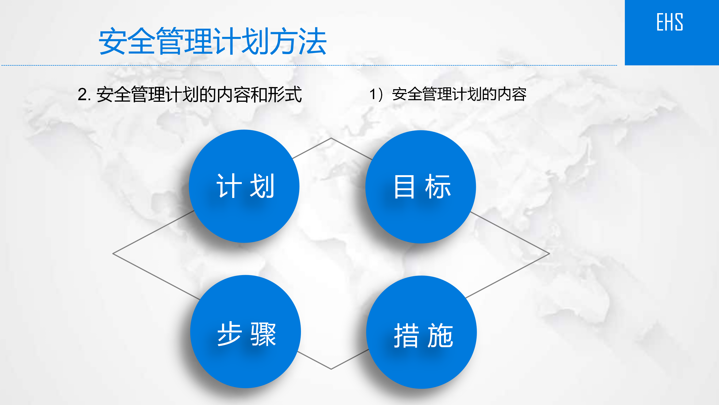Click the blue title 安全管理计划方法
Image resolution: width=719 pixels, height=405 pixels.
(x=213, y=41)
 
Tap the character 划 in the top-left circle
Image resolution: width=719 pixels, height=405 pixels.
(x=262, y=186)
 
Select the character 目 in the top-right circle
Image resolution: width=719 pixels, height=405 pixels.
(x=404, y=186)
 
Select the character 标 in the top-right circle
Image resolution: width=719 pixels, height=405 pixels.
(x=438, y=186)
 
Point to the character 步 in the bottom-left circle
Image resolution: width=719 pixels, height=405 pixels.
(x=230, y=334)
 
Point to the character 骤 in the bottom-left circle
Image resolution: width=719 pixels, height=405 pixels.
(x=263, y=334)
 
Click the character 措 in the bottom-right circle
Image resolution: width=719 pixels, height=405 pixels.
(x=406, y=335)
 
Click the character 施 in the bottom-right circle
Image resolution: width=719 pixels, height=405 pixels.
(x=440, y=335)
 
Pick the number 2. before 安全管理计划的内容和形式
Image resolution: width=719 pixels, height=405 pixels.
(x=84, y=95)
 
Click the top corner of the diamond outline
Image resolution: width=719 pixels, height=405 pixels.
(x=331, y=138)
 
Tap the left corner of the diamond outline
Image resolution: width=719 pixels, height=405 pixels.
(x=113, y=253)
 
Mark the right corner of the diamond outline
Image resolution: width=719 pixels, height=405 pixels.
(x=550, y=253)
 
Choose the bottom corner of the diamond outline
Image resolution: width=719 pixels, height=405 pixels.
(x=331, y=369)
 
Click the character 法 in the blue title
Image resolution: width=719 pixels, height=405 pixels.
(x=313, y=41)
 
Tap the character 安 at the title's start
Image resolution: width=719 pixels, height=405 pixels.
(x=113, y=41)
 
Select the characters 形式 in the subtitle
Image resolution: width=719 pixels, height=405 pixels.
(x=285, y=95)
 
